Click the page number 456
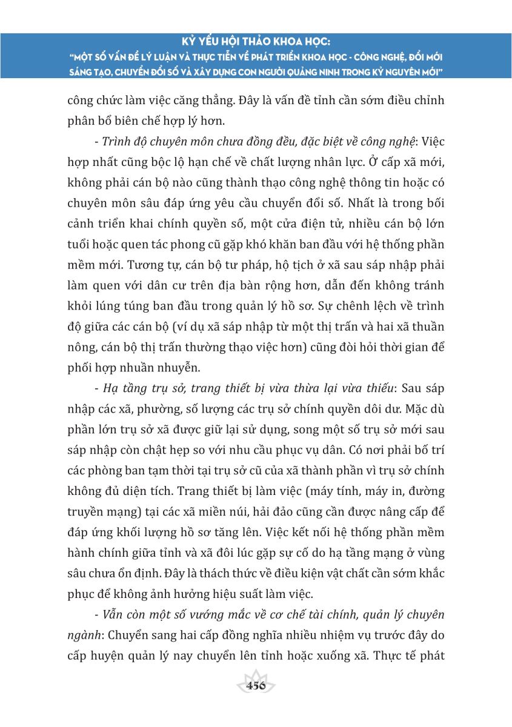(x=256, y=686)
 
